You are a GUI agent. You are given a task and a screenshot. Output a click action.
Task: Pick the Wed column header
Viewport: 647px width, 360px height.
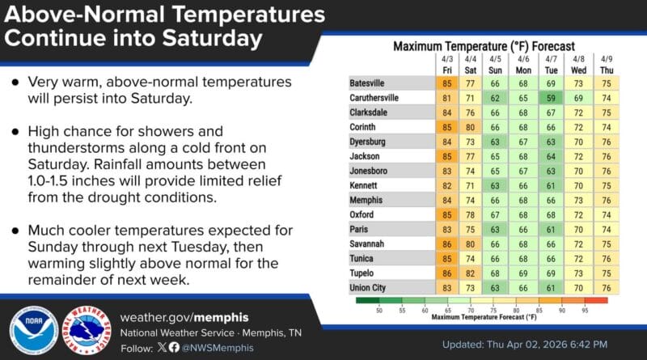tap(578, 64)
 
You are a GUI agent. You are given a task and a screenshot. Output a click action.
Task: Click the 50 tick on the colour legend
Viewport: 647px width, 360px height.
tap(378, 309)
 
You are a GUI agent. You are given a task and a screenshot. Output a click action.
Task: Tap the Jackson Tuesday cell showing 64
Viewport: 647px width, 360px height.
tap(551, 156)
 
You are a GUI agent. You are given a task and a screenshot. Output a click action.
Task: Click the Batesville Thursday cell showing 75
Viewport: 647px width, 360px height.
tap(607, 83)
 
